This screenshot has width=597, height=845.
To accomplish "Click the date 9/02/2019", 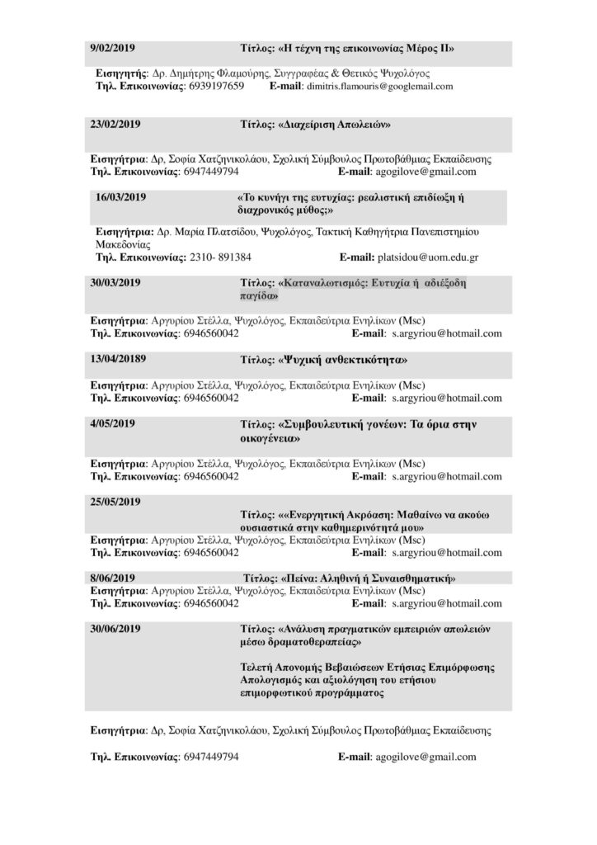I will pyautogui.click(x=113, y=49).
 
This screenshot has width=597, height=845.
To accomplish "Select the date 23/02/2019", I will pyautogui.click(x=115, y=125).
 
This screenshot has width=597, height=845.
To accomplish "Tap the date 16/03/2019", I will pyautogui.click(x=120, y=199).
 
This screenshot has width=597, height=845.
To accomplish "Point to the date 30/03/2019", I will pyautogui.click(x=115, y=282).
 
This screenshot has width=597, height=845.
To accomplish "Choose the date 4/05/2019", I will pyautogui.click(x=113, y=424).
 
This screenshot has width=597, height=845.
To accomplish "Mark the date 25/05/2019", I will pyautogui.click(x=115, y=501).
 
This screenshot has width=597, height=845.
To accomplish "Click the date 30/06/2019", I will pyautogui.click(x=115, y=629).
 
